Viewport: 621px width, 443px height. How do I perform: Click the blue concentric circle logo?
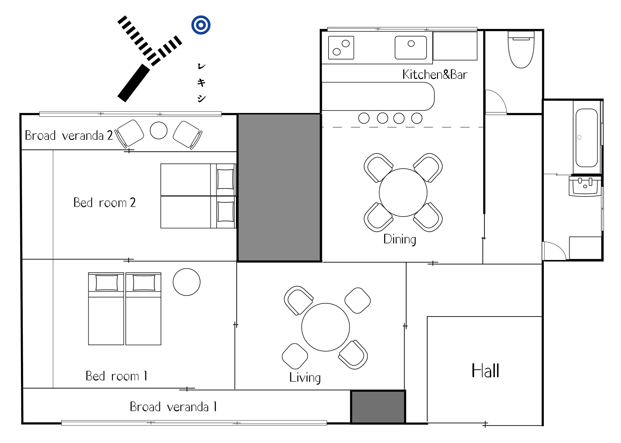(201, 25)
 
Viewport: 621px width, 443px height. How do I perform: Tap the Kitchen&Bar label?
(435, 74)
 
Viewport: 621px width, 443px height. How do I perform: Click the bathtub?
(587, 137)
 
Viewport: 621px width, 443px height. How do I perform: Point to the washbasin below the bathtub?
(585, 186)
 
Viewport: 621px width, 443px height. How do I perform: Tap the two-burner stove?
(341, 47)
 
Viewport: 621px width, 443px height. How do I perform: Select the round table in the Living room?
(326, 327)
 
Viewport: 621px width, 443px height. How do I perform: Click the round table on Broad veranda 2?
(159, 130)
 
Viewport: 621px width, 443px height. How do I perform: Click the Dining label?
(400, 240)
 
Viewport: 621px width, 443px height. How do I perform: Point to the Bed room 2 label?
(104, 203)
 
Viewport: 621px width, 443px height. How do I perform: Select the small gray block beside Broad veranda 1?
(378, 407)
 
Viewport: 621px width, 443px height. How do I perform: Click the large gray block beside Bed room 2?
(279, 188)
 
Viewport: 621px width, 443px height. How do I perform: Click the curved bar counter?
(378, 96)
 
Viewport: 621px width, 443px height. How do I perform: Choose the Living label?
(305, 378)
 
